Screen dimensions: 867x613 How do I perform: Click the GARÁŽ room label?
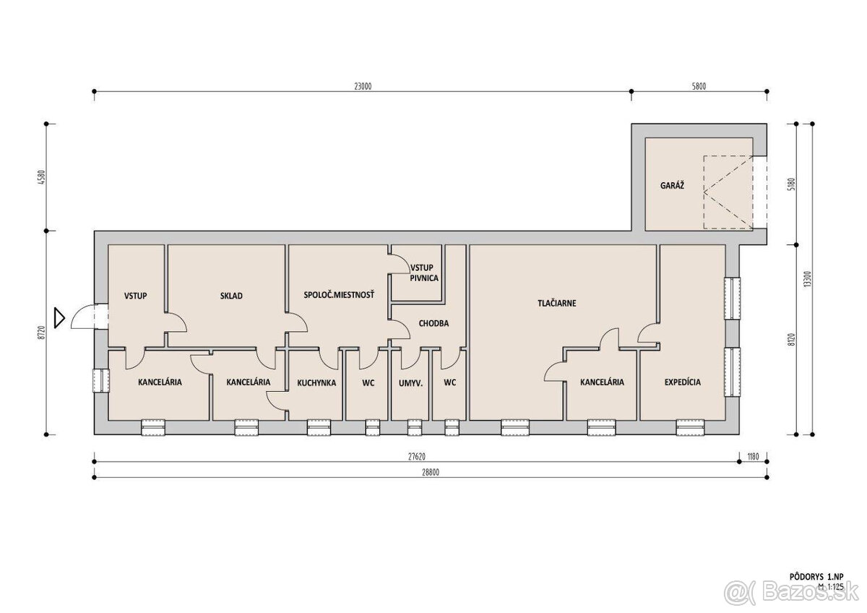(x=672, y=186)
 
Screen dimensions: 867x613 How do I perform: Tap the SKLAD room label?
(x=231, y=296)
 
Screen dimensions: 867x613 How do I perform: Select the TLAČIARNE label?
(x=556, y=303)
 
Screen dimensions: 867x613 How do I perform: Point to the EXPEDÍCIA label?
(x=682, y=382)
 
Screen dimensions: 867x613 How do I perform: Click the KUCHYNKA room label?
(x=316, y=383)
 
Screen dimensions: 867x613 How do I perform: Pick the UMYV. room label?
(x=410, y=383)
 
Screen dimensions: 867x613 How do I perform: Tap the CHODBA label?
(x=433, y=323)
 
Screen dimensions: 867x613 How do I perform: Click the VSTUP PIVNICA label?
(x=424, y=273)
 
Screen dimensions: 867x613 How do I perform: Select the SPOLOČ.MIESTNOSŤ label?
(x=339, y=295)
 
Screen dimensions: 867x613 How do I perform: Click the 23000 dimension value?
(x=363, y=86)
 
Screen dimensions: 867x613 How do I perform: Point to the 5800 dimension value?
(x=699, y=86)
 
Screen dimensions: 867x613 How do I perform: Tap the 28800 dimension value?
(x=431, y=473)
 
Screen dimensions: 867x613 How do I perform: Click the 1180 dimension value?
(x=753, y=457)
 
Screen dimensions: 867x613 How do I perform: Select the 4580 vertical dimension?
(x=42, y=177)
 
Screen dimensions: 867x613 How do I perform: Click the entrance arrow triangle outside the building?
(x=59, y=318)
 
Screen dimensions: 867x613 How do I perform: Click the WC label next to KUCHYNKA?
(x=368, y=383)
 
